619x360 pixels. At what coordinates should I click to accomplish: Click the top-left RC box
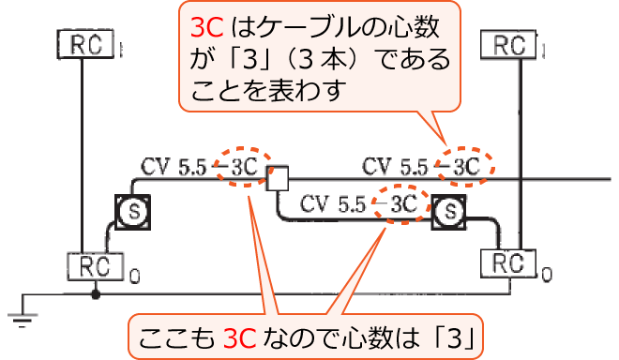[x=85, y=43]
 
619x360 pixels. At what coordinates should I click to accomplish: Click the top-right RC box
[x=507, y=44]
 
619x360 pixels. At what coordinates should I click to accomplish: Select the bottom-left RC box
[x=98, y=266]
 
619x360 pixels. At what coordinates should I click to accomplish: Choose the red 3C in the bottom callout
[x=238, y=335]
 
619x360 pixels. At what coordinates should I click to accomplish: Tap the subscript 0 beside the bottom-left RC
[x=134, y=276]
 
